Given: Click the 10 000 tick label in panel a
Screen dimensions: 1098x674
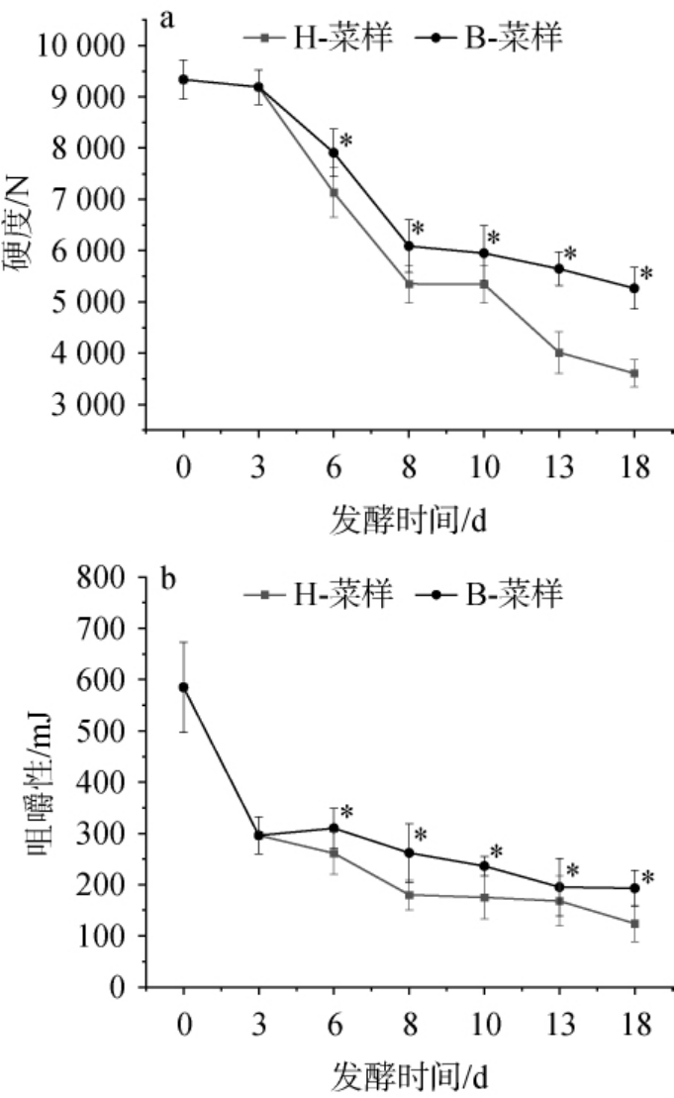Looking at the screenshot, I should click(82, 46).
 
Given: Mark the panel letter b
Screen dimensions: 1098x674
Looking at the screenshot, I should click(168, 577).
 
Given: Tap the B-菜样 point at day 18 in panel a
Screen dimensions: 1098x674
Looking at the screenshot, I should click(634, 288).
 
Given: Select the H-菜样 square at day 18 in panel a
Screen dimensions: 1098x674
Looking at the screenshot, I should click(634, 373).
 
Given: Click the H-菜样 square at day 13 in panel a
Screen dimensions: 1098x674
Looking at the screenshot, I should click(559, 352).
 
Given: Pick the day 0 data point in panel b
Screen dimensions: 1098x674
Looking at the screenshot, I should click(183, 687).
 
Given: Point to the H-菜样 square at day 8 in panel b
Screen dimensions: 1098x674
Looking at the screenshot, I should click(409, 895).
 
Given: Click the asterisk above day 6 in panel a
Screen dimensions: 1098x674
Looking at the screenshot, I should click(347, 140).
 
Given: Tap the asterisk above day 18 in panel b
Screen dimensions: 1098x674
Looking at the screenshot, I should click(648, 877).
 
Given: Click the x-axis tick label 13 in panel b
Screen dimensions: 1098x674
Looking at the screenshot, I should click(559, 1025).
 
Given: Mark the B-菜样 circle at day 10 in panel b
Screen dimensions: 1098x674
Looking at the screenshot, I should click(484, 865).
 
